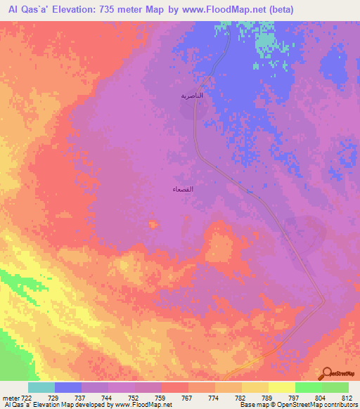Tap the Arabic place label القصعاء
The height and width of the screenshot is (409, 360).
[x=184, y=190]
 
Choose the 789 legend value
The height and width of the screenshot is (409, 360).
[x=267, y=398]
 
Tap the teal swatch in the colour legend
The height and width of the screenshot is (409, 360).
[x=41, y=387]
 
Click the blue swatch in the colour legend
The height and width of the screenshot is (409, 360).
[x=68, y=387]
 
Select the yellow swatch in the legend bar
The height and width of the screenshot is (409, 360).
[x=281, y=387]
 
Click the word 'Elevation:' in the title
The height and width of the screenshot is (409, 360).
[x=82, y=9]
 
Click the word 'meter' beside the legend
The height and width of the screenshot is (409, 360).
[x=9, y=398]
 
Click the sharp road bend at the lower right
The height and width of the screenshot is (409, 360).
[x=323, y=301]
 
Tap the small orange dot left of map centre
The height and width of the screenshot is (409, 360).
[x=153, y=224]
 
